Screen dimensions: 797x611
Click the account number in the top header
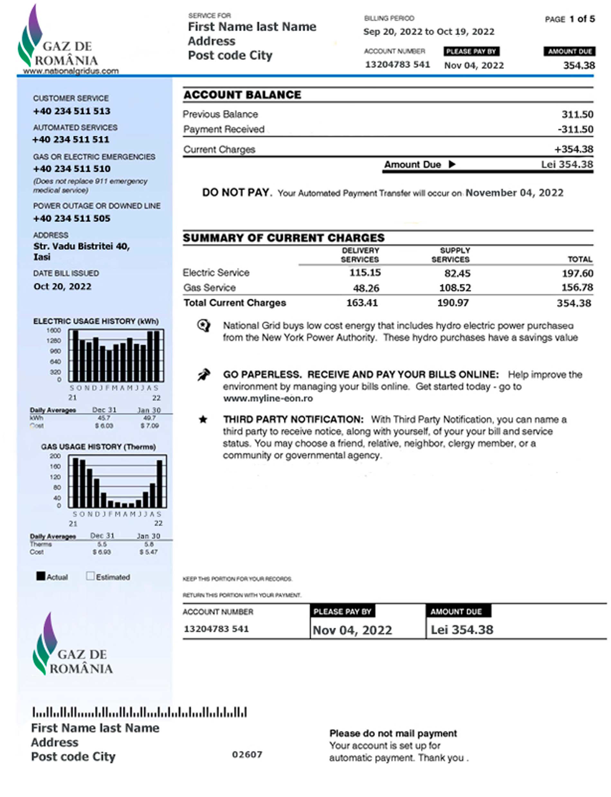pyautogui.click(x=397, y=64)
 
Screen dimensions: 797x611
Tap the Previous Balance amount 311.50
pyautogui.click(x=577, y=115)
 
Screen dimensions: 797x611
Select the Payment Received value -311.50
pyautogui.click(x=575, y=130)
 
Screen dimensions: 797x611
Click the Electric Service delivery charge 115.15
pyautogui.click(x=365, y=273)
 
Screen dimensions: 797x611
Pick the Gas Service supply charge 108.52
pyautogui.click(x=455, y=288)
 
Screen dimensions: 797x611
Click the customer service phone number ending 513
pyautogui.click(x=72, y=111)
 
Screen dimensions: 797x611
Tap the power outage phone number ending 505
pyautogui.click(x=72, y=218)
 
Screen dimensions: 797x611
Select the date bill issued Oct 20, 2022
pyautogui.click(x=62, y=287)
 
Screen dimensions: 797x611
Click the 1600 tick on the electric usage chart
pyautogui.click(x=53, y=330)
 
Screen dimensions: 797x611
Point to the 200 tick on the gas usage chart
pyautogui.click(x=55, y=456)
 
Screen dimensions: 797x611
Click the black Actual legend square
pyautogui.click(x=41, y=576)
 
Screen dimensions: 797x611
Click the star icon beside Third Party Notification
pyautogui.click(x=203, y=419)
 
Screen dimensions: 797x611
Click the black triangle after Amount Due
pyautogui.click(x=452, y=164)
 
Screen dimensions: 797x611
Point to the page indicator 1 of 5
pyautogui.click(x=582, y=19)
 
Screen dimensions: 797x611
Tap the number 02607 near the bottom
pyautogui.click(x=247, y=755)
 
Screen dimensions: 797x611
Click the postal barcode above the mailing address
pyautogui.click(x=139, y=712)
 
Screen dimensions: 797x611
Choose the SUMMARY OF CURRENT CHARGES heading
pyautogui.click(x=283, y=238)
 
